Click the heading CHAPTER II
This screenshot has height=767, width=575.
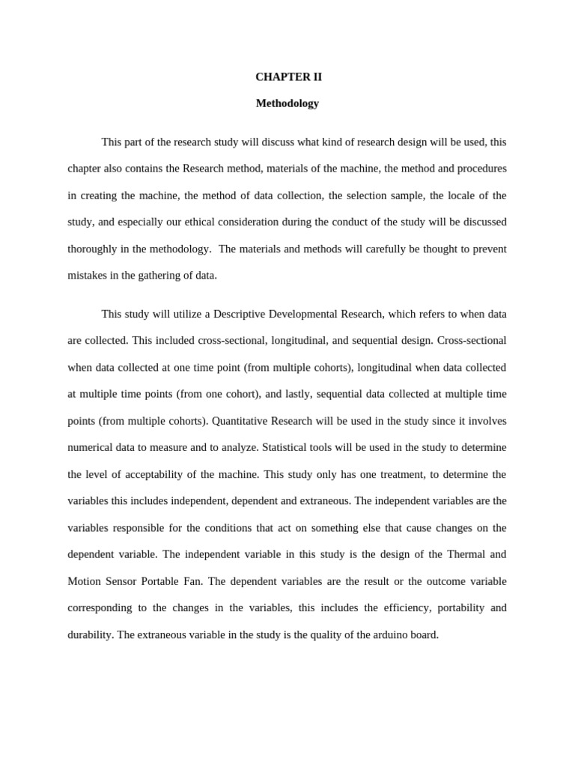click(x=288, y=76)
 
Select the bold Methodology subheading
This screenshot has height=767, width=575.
click(x=287, y=103)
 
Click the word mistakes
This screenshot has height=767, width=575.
click(x=88, y=275)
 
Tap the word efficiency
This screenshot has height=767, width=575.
click(x=402, y=607)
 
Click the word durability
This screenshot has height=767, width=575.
click(x=90, y=634)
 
